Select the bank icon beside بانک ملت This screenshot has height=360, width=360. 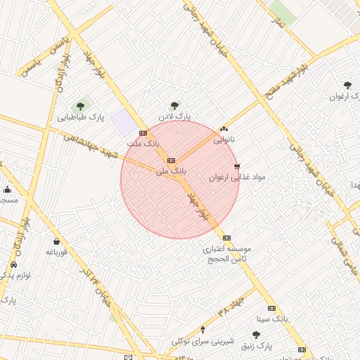[143, 133]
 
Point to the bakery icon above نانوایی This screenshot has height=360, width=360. [224, 129]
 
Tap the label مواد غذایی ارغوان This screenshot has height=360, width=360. [238, 178]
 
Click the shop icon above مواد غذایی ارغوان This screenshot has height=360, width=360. [236, 167]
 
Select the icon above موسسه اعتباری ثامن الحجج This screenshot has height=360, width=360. [226, 238]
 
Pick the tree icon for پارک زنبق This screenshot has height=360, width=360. [255, 335]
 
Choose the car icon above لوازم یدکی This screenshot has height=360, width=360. [14, 265]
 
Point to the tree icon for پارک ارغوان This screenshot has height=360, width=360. [347, 86]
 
